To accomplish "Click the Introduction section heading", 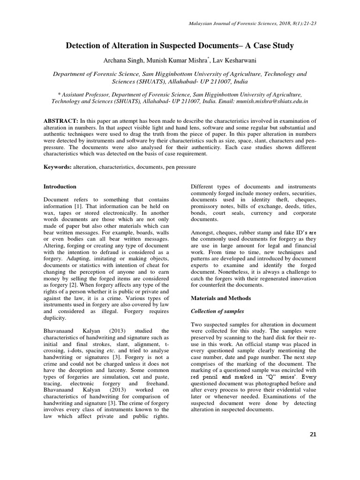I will coord(60,187).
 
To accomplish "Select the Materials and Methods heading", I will coord(220,298).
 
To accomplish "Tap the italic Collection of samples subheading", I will coord(218,311).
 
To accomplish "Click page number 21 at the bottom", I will coord(313,434).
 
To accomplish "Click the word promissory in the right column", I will coord(207,206).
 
